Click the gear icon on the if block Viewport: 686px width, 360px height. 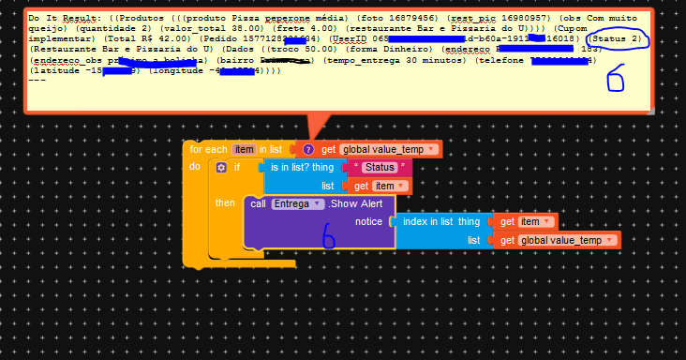tap(221, 167)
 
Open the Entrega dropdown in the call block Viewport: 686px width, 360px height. tap(298, 203)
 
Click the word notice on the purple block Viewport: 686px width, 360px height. tap(368, 221)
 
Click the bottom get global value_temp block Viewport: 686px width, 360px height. tap(559, 240)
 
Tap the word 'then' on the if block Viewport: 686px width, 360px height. tap(225, 202)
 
